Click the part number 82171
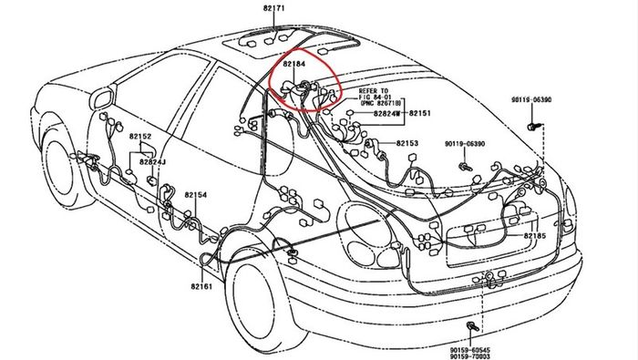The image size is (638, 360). click(x=273, y=8)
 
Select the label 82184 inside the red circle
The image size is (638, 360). click(x=294, y=64)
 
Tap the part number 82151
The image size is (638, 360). click(x=419, y=114)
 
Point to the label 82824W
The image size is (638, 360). click(x=387, y=114)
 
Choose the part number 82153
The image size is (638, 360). click(x=406, y=143)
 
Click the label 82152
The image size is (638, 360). click(x=140, y=137)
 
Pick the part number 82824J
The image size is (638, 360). click(x=152, y=162)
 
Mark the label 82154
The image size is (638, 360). click(x=196, y=195)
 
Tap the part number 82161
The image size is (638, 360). click(x=201, y=286)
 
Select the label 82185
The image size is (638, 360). click(x=535, y=236)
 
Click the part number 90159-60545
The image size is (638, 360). click(x=470, y=350)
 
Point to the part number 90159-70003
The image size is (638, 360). click(x=470, y=356)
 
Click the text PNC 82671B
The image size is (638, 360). click(x=381, y=103)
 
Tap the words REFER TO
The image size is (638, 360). click(x=373, y=91)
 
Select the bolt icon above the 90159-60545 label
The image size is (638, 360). click(x=472, y=326)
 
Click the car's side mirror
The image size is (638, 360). click(x=102, y=99)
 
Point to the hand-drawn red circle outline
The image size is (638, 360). click(x=270, y=81)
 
